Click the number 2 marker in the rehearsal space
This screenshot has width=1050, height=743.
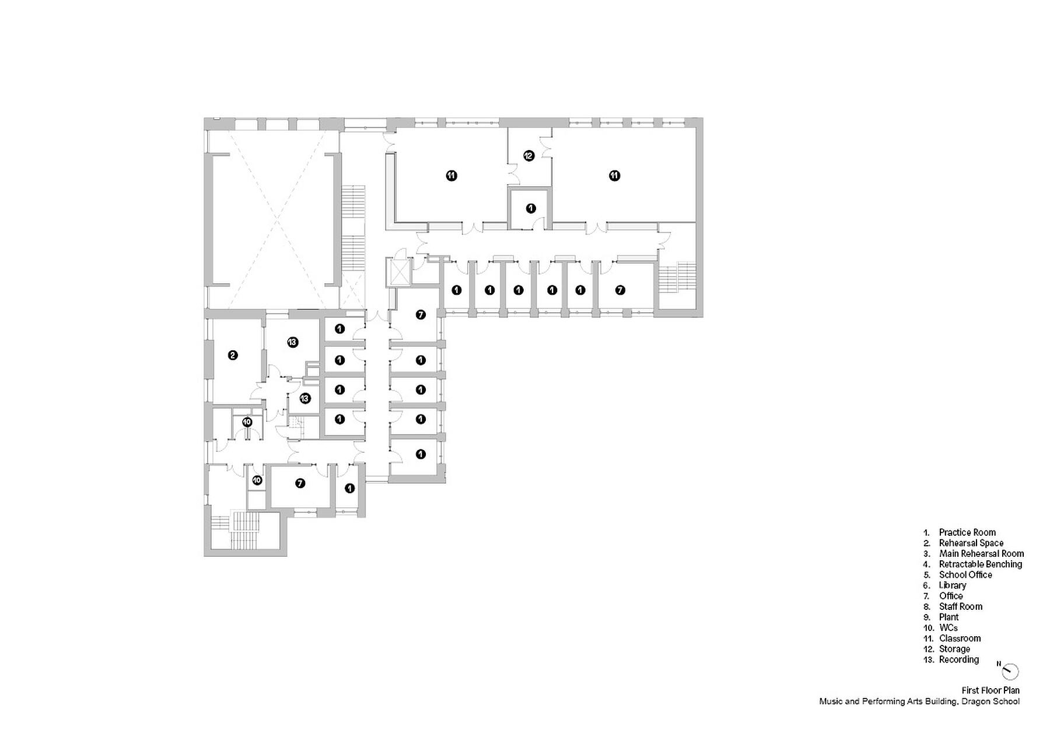[x=233, y=354]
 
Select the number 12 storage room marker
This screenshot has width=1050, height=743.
[x=528, y=155]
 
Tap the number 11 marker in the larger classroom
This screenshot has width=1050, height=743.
[x=614, y=175]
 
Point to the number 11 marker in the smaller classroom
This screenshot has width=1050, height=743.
[x=451, y=175]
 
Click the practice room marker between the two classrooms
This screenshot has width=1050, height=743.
[x=530, y=208]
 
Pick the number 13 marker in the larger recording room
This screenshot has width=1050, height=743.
[x=293, y=342]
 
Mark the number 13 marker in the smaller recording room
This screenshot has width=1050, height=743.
[x=304, y=399]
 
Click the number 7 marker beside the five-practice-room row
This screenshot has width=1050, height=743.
[x=620, y=289]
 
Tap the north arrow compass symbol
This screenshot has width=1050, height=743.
[x=1010, y=671]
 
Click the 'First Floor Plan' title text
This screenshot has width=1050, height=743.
[x=991, y=690]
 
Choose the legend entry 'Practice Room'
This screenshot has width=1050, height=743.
[x=967, y=532]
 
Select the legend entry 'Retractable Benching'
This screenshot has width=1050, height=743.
[x=981, y=564]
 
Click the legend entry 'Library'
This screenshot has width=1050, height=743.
[x=953, y=585]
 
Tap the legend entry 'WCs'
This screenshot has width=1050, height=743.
[x=949, y=627]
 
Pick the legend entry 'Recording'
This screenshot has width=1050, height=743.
[x=959, y=659]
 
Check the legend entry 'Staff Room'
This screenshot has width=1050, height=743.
[x=961, y=606]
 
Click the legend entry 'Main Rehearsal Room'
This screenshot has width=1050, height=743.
[x=982, y=553]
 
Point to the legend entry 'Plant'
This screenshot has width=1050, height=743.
[x=949, y=617]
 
